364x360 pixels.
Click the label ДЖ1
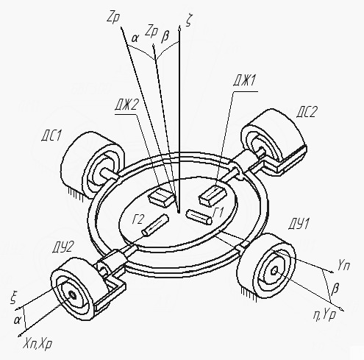[x=244, y=81]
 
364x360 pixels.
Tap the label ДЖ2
[x=127, y=105]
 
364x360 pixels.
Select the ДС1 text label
[x=51, y=135]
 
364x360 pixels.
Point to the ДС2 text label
[x=307, y=112]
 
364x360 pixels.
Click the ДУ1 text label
[x=299, y=224]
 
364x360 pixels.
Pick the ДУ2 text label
[x=63, y=247]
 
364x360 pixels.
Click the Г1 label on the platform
[x=218, y=213]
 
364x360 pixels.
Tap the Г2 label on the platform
[x=138, y=219]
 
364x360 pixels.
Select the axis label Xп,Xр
[x=38, y=345]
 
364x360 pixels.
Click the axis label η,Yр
[x=324, y=315]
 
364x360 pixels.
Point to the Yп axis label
[x=343, y=265]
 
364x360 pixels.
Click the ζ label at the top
[x=188, y=21]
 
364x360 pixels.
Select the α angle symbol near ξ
[x=17, y=320]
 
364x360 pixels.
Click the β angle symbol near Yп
[x=335, y=289]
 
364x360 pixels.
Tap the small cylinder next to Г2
[x=154, y=225]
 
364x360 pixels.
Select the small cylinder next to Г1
[x=199, y=217]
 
